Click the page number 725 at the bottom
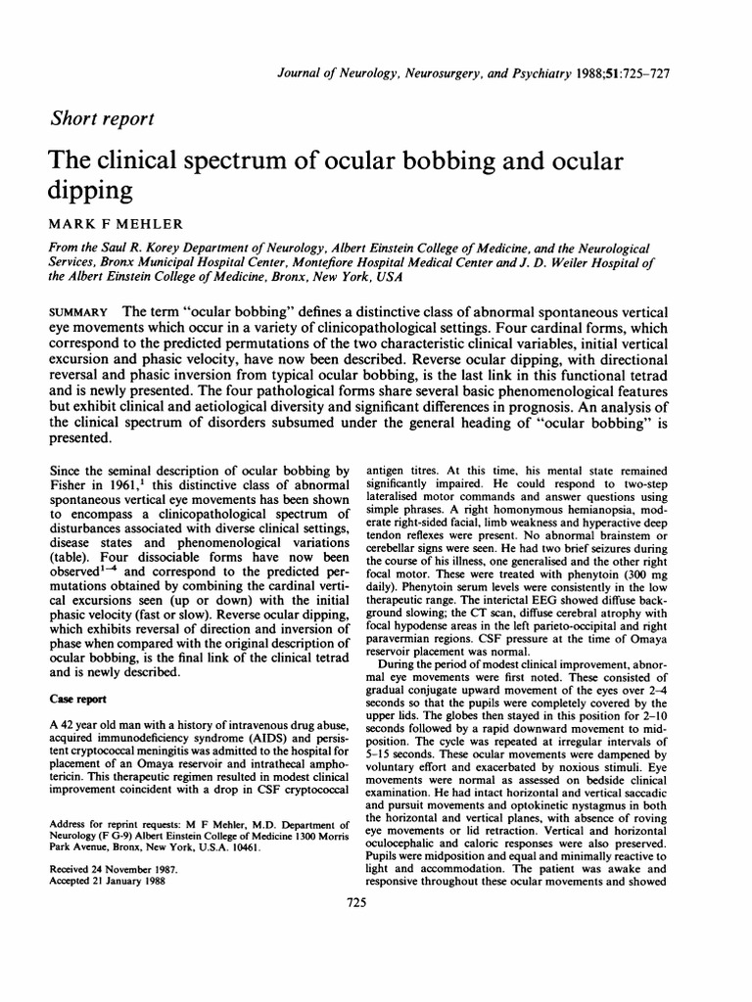pyautogui.click(x=356, y=902)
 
